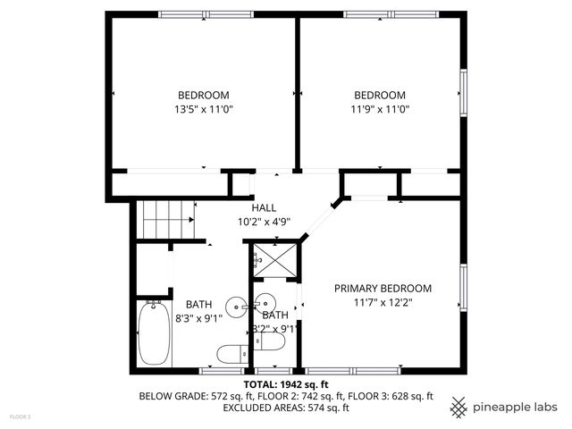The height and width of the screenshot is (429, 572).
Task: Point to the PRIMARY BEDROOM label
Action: click(383, 289)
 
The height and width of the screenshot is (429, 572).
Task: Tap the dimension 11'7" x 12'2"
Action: click(383, 302)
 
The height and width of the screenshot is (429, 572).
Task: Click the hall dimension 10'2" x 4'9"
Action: click(264, 221)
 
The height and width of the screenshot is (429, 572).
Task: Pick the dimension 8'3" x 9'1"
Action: click(204, 318)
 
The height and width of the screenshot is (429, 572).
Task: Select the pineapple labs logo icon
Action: click(458, 407)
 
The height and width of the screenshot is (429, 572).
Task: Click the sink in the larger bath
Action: click(237, 306)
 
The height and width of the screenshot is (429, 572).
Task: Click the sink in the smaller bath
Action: click(266, 301)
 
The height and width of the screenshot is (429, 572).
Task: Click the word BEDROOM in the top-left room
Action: click(203, 96)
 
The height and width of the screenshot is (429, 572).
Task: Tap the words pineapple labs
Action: click(517, 407)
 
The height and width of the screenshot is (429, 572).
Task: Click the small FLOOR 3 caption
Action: click(20, 416)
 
